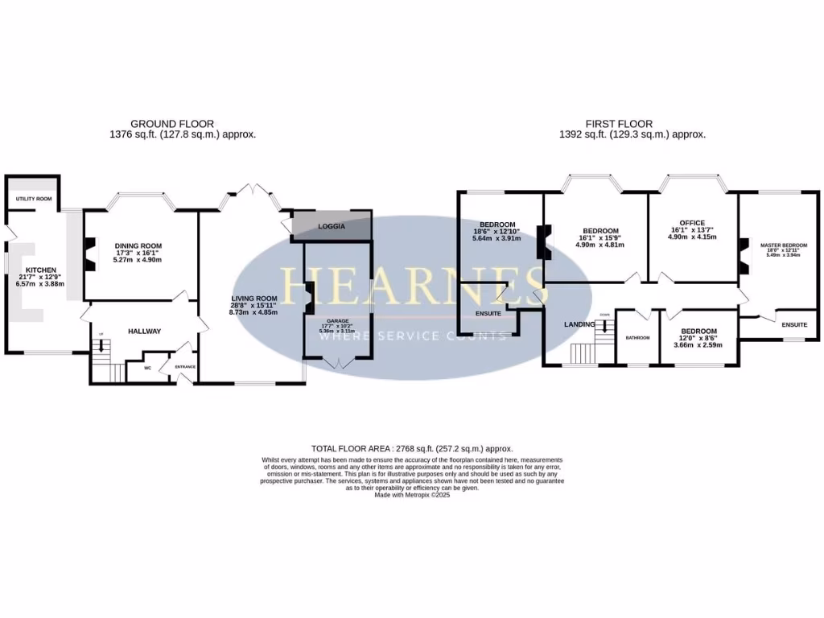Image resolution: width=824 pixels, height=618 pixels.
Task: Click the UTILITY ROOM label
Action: pyautogui.click(x=33, y=199)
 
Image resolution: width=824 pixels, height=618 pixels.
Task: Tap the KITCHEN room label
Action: pyautogui.click(x=40, y=270)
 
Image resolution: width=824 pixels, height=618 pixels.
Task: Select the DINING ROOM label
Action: pyautogui.click(x=138, y=245)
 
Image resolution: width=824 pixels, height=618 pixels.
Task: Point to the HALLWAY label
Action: pyautogui.click(x=144, y=331)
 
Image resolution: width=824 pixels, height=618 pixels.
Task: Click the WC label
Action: pyautogui.click(x=147, y=368)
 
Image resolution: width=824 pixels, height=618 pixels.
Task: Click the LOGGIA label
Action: pyautogui.click(x=332, y=226)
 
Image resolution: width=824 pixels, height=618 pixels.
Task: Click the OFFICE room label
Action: pyautogui.click(x=691, y=223)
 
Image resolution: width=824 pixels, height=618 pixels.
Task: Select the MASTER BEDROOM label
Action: pyautogui.click(x=783, y=245)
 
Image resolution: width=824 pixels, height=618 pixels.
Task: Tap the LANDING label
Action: pyautogui.click(x=579, y=324)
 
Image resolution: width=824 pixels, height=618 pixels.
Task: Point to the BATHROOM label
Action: pyautogui.click(x=637, y=337)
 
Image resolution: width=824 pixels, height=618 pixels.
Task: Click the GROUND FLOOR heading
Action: pyautogui.click(x=172, y=124)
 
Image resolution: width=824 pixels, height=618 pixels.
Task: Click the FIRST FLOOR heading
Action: pyautogui.click(x=619, y=124)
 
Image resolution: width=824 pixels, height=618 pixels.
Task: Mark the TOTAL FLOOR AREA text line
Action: pyautogui.click(x=411, y=448)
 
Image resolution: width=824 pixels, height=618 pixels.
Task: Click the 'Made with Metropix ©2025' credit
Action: pyautogui.click(x=412, y=496)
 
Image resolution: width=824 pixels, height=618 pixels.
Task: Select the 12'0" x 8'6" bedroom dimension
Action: pyautogui.click(x=698, y=344)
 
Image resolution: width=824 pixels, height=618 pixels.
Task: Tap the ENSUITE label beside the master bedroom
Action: pyautogui.click(x=794, y=324)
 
